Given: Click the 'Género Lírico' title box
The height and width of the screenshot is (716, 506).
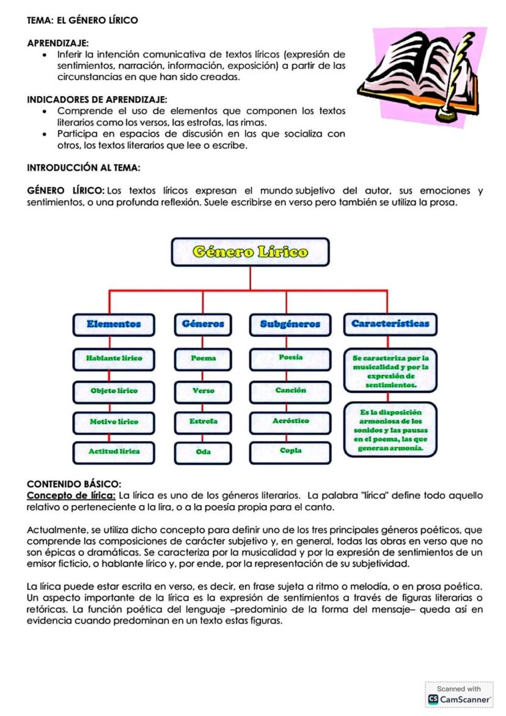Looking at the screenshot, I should pyautogui.click(x=250, y=252).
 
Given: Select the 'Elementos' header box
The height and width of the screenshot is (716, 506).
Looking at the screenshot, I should pyautogui.click(x=114, y=324).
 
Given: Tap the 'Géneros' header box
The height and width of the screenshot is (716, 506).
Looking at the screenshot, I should pyautogui.click(x=203, y=324).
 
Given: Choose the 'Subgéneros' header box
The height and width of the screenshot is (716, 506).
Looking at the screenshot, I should pyautogui.click(x=290, y=324).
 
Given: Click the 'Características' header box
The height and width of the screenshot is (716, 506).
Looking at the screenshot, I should pyautogui.click(x=390, y=324).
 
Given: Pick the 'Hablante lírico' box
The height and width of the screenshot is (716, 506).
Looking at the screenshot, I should pyautogui.click(x=114, y=358).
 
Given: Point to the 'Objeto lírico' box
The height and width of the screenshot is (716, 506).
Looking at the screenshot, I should pyautogui.click(x=114, y=391).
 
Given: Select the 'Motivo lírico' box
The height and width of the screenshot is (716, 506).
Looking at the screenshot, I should pyautogui.click(x=114, y=422).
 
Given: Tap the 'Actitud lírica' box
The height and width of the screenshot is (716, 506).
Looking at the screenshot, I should pyautogui.click(x=114, y=451).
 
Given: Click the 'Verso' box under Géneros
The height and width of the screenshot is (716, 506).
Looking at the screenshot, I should pyautogui.click(x=203, y=391).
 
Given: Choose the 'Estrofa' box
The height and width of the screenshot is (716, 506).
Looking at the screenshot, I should pyautogui.click(x=203, y=422).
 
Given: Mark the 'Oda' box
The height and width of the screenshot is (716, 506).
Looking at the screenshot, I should pyautogui.click(x=203, y=452).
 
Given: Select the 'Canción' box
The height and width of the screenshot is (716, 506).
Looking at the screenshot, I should pyautogui.click(x=290, y=390).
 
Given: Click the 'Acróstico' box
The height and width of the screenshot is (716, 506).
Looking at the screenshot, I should pyautogui.click(x=290, y=421).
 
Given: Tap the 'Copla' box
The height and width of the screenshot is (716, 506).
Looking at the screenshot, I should pyautogui.click(x=290, y=451).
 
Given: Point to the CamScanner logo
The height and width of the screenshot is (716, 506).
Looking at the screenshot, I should pyautogui.click(x=459, y=698).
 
